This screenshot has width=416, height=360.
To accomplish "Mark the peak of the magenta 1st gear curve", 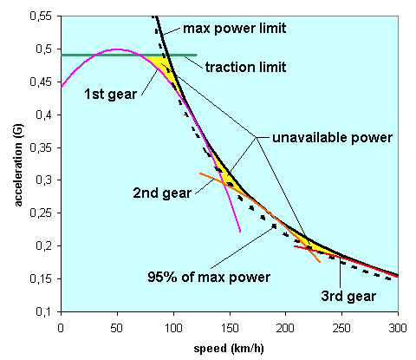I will tap(116, 49).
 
